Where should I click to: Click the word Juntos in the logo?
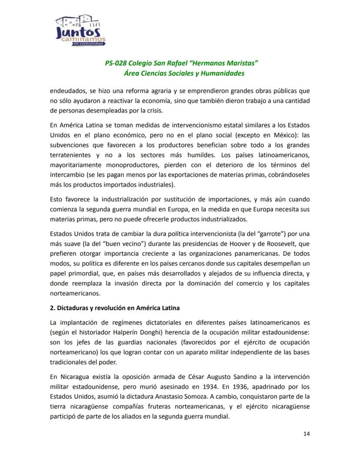coord(78,33)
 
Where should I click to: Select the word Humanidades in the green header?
coord(222,73)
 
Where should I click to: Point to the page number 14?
coord(307,433)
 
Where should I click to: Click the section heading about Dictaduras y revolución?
coord(115,308)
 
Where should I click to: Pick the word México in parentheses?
coord(273,135)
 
